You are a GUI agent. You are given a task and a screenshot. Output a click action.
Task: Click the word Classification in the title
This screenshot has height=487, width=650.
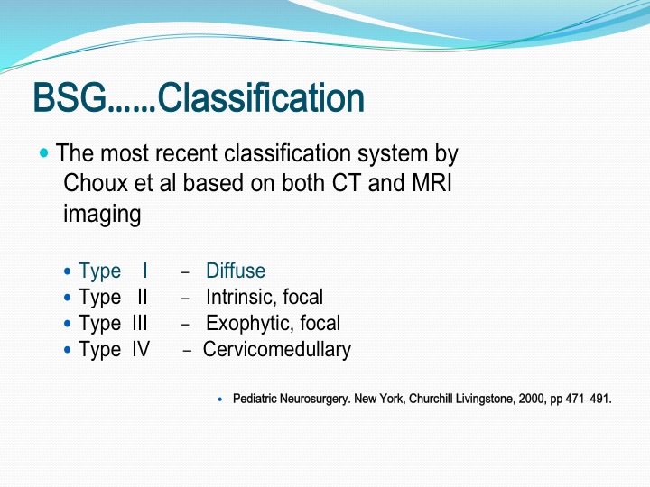(261, 97)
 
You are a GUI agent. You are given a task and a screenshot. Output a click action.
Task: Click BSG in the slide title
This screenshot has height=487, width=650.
(70, 97)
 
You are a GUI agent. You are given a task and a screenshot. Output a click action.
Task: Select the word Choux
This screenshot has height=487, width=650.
(96, 182)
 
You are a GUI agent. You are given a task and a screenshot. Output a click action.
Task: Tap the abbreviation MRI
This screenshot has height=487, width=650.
(432, 182)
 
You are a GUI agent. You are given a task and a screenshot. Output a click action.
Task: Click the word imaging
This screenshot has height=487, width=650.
(102, 215)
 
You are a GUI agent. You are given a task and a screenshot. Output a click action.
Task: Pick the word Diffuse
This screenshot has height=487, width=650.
(236, 271)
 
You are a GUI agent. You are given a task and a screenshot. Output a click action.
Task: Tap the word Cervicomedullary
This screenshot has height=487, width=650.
(277, 349)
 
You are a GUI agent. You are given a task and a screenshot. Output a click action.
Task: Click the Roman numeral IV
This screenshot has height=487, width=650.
(141, 349)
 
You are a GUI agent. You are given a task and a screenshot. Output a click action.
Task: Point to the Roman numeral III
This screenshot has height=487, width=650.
(140, 323)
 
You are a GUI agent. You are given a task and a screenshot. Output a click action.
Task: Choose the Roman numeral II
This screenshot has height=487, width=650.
(143, 297)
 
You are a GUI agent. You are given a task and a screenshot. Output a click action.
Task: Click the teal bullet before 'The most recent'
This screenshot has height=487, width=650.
(44, 153)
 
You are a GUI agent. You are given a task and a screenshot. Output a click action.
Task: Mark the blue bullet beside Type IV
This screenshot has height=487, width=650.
(68, 350)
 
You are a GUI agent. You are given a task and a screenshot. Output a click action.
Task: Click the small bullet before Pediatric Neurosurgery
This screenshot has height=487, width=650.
(220, 400)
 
